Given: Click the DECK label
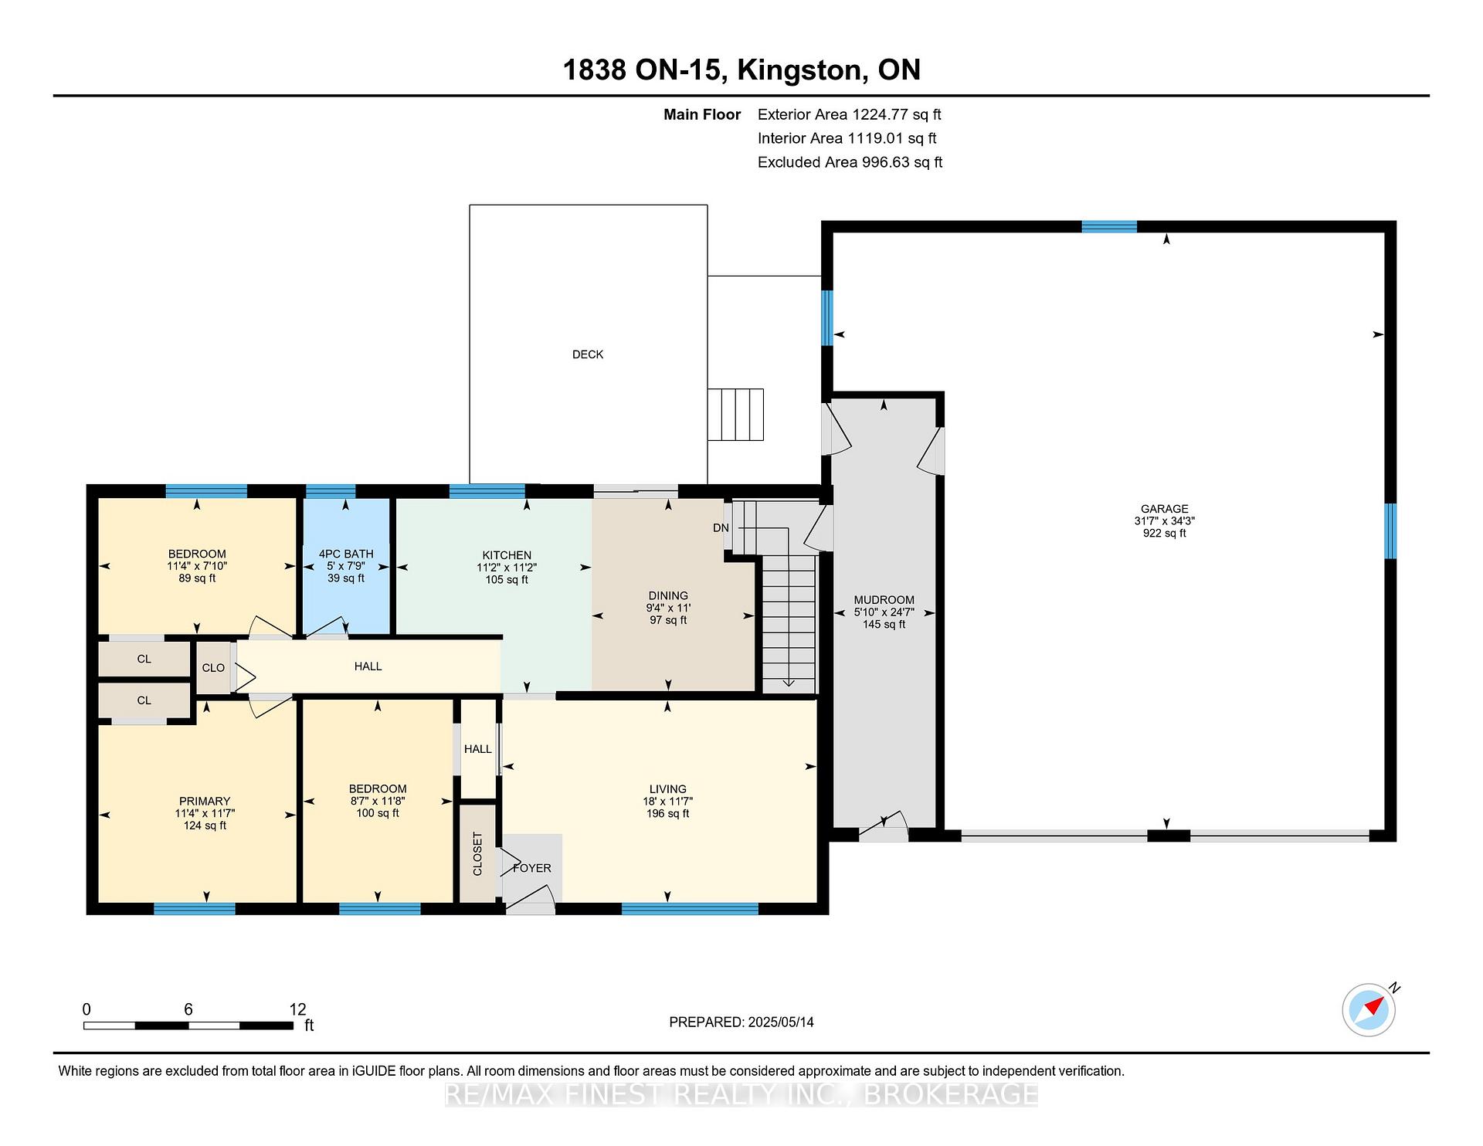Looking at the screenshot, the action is point(588,354).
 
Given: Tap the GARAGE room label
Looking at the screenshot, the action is point(1165,509).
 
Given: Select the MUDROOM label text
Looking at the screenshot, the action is point(884,600).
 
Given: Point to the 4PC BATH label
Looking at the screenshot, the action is point(346,554).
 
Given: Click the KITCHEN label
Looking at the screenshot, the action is point(507,555).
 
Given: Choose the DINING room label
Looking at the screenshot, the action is point(668,595).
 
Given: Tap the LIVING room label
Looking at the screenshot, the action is point(668,789).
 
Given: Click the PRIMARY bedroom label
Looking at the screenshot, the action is point(205,801).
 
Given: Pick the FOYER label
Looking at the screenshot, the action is point(532,868).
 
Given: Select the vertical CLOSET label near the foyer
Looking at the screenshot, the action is point(477,853).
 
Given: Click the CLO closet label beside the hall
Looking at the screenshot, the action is point(213,668).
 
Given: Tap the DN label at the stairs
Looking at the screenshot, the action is point(721,528).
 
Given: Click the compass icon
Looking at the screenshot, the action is point(1369,1009).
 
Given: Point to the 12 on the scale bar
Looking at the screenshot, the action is point(298,1009).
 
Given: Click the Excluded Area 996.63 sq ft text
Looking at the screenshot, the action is point(850,162).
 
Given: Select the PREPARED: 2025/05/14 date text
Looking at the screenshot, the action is point(741,1022).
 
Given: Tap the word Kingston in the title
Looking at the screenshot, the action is point(799,70).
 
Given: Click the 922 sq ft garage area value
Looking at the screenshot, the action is point(1165,534).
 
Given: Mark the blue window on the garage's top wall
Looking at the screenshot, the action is point(1109,227).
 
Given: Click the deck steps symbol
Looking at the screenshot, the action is point(736,415).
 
